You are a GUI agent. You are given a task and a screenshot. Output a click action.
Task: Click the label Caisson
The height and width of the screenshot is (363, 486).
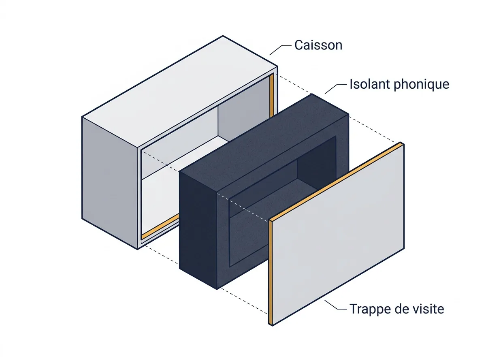(x=318, y=45)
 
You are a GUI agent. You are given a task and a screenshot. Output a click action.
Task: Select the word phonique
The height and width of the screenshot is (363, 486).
(x=421, y=85)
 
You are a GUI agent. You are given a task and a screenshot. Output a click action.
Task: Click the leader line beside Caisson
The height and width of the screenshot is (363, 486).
(x=280, y=50)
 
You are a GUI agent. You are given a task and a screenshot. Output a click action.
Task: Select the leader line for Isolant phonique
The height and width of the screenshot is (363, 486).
(x=335, y=89)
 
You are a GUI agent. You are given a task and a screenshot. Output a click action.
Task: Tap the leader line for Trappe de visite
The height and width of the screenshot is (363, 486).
(x=335, y=305)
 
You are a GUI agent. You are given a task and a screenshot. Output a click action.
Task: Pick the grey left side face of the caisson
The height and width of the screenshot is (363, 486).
(x=110, y=183)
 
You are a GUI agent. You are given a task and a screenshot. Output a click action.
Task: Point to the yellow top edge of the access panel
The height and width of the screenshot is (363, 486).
(x=336, y=181)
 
